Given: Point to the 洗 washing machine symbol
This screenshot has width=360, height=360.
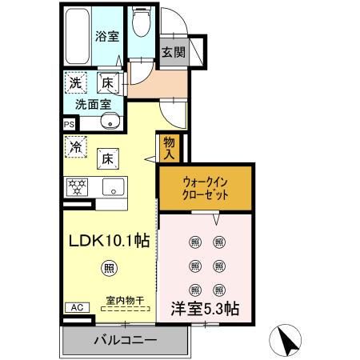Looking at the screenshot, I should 74,82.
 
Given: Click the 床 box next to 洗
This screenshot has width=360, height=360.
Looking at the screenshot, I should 106,82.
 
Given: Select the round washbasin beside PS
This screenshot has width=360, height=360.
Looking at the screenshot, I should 110,122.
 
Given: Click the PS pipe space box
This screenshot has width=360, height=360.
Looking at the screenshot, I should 69,124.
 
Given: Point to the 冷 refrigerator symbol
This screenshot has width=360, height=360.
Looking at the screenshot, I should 75,146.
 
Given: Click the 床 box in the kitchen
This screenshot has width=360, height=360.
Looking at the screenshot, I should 106,158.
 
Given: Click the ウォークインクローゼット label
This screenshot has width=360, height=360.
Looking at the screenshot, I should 205,187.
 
